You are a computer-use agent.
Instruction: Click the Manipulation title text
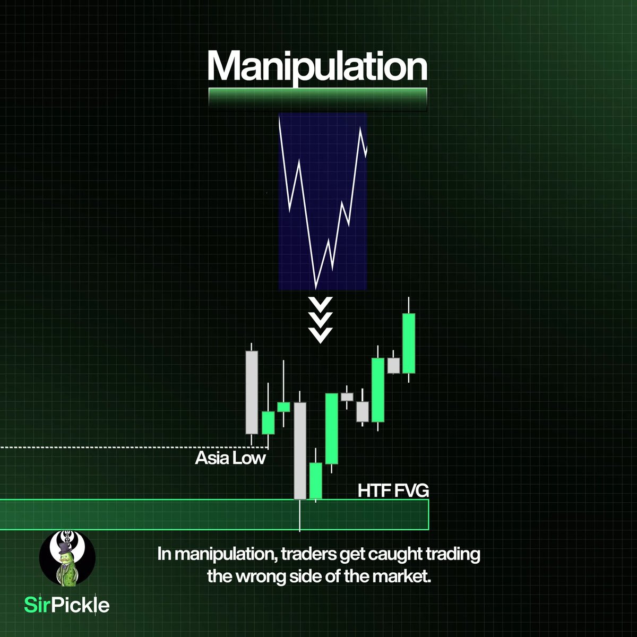317,66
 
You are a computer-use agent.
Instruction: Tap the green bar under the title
317,99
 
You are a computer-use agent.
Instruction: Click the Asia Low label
230,458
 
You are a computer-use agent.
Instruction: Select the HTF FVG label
393,490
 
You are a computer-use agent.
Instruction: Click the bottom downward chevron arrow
320,335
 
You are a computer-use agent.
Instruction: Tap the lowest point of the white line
316,287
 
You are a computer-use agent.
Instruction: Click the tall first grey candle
252,392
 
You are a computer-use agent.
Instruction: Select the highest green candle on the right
408,343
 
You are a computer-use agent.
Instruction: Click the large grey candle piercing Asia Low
300,450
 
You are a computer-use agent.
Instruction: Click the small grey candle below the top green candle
393,365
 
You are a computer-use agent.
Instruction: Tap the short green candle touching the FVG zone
316,480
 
